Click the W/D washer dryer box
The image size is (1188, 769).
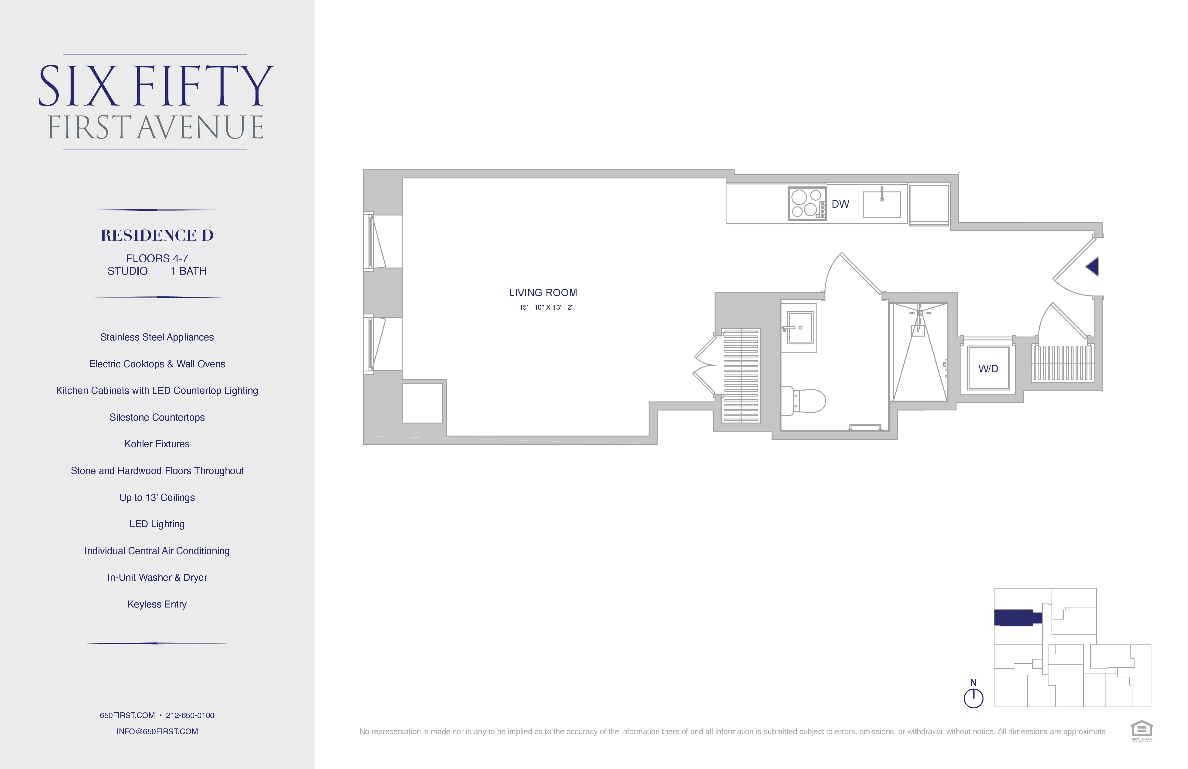pos(988,368)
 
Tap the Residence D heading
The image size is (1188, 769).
pos(157,235)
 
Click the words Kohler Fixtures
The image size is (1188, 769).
pos(157,444)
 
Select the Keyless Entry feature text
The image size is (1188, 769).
pos(157,604)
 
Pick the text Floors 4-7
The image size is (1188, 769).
pos(157,258)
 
